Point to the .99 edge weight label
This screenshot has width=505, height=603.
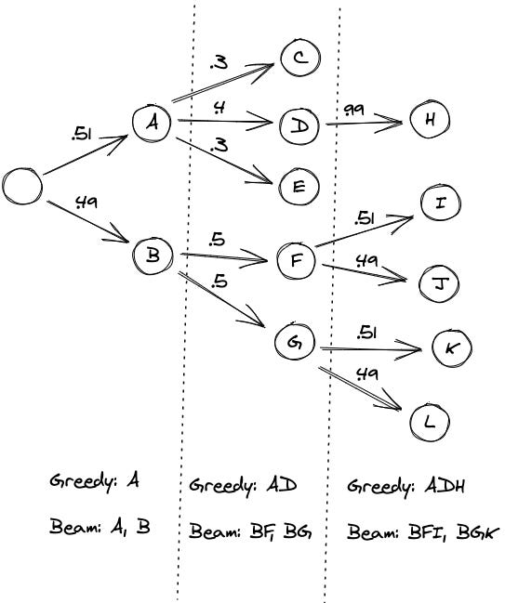click(x=353, y=111)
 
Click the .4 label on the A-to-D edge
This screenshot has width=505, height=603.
click(x=219, y=108)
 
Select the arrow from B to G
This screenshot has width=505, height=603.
click(x=221, y=299)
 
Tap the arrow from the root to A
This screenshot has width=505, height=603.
click(x=86, y=154)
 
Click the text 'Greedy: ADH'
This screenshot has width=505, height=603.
click(x=405, y=487)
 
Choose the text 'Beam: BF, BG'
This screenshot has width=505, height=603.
click(x=250, y=531)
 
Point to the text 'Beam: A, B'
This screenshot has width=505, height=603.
click(x=100, y=526)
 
